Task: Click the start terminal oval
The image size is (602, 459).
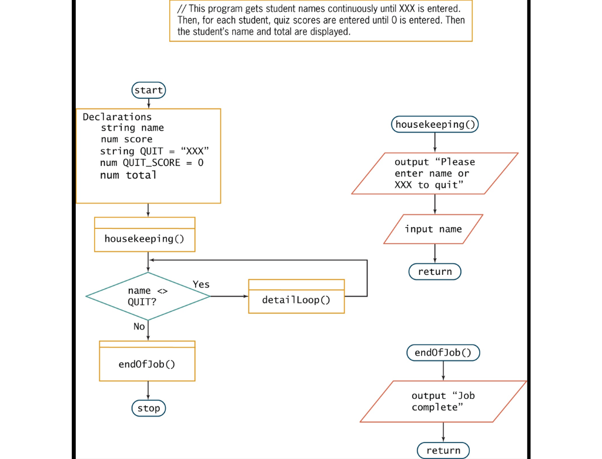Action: pos(148,90)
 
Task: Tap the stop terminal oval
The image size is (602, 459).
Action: pos(148,408)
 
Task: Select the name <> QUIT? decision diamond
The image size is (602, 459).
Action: pos(148,296)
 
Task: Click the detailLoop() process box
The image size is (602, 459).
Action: pos(296,300)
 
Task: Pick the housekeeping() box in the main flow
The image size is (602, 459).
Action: pos(144,238)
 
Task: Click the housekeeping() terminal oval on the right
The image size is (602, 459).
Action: pos(435,124)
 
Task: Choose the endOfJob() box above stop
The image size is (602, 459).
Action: pos(147,364)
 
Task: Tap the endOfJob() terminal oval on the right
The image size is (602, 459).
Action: pos(443,352)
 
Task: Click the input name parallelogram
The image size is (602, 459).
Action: pos(433,229)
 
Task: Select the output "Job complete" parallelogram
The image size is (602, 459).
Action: pos(443,401)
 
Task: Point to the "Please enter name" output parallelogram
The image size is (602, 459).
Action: pos(434,173)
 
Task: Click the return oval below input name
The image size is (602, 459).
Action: pos(435,271)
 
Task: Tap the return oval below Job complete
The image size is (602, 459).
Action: pos(443,451)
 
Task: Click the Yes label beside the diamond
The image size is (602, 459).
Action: pos(201,284)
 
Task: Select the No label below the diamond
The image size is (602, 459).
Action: pos(139,326)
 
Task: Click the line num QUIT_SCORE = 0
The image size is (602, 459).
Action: pos(152,162)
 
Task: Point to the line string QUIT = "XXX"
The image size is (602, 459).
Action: pos(155,151)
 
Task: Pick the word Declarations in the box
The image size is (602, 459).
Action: pos(117,117)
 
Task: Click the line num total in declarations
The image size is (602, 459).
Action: pos(128,175)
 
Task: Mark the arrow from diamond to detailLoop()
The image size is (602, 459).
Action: pos(229,296)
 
